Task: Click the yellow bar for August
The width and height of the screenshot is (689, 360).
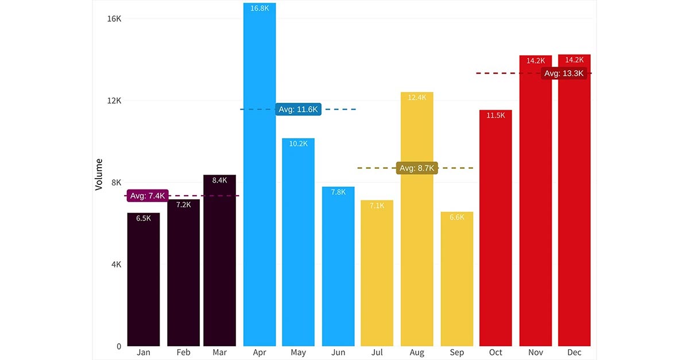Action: coord(417,219)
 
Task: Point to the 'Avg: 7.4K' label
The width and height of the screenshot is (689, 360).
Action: coord(148,196)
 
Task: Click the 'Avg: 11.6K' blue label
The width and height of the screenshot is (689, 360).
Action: coord(298,109)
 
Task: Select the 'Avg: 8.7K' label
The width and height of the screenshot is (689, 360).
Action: coord(417,168)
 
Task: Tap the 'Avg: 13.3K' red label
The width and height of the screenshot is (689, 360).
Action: coord(564,73)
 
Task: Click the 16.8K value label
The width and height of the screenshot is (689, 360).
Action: coord(260,8)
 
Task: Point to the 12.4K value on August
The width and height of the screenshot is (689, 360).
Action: coord(417,98)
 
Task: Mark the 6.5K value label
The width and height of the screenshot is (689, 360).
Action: coord(144,218)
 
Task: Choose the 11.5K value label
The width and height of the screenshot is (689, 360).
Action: coord(496,115)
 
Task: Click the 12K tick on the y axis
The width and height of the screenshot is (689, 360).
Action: coord(115,100)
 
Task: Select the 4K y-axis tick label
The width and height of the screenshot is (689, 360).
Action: coord(116,265)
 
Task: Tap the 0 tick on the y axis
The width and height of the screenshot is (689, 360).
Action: coord(119,346)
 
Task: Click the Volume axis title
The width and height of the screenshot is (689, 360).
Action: coord(99,175)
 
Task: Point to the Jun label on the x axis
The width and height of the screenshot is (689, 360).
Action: coord(338,353)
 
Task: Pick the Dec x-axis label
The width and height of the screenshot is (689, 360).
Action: coord(574,353)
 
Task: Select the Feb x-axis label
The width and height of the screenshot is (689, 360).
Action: coord(184,353)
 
